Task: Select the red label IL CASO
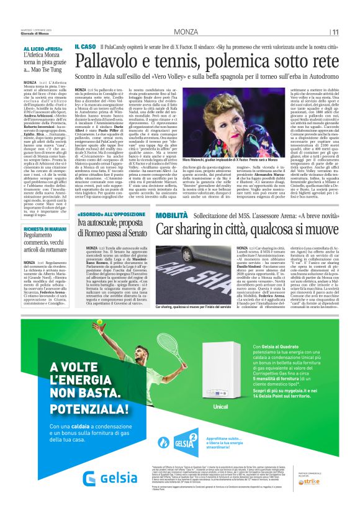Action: [x=84, y=47]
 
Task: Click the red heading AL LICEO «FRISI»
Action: [x=43, y=48]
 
